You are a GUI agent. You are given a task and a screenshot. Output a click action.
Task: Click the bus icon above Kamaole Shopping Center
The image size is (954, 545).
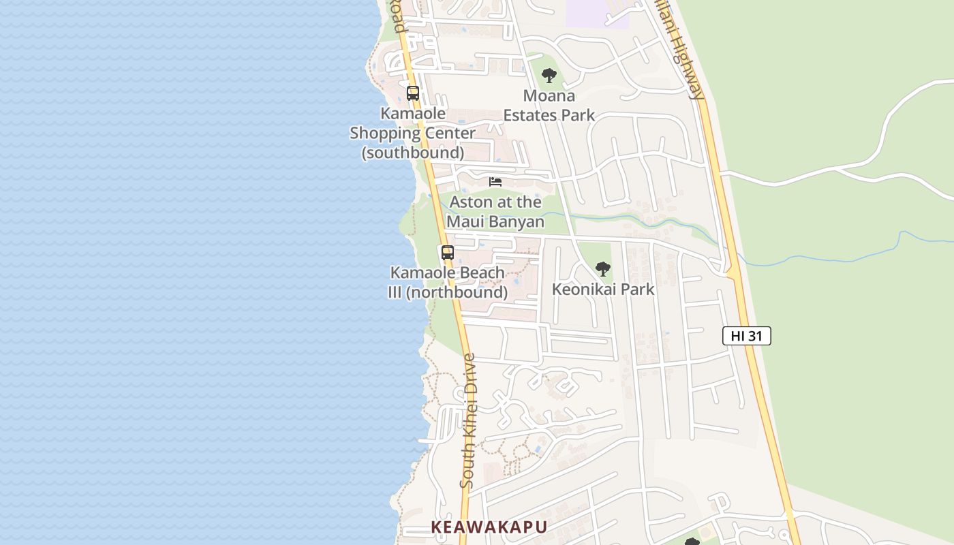(x=413, y=93)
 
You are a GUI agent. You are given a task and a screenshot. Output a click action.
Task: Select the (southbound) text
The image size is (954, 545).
(x=413, y=152)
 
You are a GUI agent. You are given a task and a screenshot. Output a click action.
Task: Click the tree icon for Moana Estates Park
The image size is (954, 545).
(x=549, y=76)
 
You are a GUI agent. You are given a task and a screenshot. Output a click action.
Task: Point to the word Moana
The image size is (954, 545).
(x=549, y=96)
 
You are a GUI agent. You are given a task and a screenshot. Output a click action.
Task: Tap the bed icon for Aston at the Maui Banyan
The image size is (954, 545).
(x=495, y=182)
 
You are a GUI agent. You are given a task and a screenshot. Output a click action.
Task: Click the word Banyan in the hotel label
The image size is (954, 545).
(x=515, y=221)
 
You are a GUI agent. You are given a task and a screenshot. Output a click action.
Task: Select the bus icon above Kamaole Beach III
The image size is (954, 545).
(x=447, y=253)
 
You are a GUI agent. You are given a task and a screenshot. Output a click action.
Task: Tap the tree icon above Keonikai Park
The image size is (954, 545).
(x=602, y=269)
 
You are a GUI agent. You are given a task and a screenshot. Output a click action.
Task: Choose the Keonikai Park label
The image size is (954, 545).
(x=602, y=290)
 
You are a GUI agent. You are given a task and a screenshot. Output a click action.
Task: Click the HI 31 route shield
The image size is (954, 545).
(x=746, y=336)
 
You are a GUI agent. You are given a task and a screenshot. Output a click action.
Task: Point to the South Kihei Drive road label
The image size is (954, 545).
(x=467, y=421)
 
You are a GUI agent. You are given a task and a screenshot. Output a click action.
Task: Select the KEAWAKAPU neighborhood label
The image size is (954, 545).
(x=489, y=527)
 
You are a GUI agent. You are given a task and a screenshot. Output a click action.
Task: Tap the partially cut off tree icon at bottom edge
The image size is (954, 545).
(x=692, y=542)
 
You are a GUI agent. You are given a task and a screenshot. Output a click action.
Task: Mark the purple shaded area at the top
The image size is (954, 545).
(x=596, y=12)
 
